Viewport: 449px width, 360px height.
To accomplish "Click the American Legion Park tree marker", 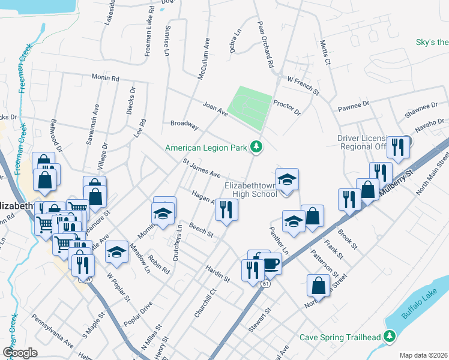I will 257,147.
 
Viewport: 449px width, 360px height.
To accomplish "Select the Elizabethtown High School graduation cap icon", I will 287,179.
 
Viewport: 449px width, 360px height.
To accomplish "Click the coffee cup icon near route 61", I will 271,263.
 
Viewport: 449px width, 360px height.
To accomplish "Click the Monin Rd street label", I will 106,78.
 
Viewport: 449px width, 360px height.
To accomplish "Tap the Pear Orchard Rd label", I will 265,46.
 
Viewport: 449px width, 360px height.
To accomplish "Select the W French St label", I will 303,83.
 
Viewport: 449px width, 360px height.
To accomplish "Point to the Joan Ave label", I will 215,107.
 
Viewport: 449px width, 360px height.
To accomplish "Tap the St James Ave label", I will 201,168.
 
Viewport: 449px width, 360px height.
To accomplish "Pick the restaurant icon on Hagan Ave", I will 227,209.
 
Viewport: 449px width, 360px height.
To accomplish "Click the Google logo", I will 20,353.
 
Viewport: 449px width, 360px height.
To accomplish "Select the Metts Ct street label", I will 325,53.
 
